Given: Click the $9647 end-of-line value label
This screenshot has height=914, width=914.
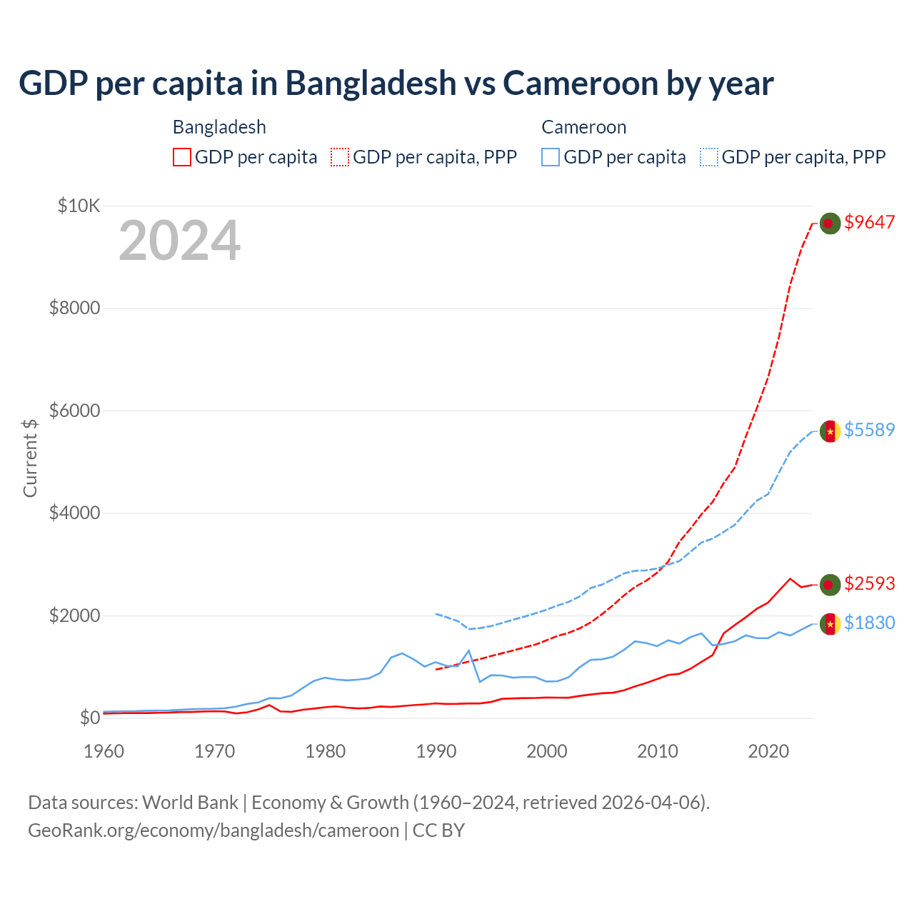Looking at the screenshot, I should (869, 223).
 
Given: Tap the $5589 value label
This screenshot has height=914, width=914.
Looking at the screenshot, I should (869, 430).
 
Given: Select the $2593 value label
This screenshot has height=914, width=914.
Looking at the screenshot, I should (869, 583).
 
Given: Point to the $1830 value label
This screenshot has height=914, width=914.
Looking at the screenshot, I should (869, 623).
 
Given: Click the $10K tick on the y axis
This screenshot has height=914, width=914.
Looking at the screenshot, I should (79, 206).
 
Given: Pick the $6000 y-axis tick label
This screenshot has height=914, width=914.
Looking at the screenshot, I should (74, 411).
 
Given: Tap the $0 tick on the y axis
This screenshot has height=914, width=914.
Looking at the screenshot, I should (89, 717).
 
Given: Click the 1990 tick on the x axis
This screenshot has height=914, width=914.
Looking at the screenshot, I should (436, 751).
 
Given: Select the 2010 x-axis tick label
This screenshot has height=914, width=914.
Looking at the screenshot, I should (658, 751).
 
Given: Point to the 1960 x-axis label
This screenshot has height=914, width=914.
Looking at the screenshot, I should (104, 751).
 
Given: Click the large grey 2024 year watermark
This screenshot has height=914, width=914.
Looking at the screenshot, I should (180, 241).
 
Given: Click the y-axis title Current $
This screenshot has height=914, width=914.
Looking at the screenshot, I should (30, 458).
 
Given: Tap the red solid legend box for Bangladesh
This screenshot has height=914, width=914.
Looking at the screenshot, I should (182, 157).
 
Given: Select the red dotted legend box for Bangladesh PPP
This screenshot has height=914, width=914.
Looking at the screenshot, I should (340, 157).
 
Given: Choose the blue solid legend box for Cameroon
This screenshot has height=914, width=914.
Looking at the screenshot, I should (551, 157).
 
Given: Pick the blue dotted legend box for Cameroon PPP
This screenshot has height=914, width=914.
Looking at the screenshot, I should (709, 157).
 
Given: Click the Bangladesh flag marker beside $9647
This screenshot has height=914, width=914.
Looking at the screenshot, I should (829, 224).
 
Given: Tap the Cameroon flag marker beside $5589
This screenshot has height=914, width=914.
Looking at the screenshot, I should (829, 431).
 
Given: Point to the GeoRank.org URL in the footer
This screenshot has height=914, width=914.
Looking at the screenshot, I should (213, 830).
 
